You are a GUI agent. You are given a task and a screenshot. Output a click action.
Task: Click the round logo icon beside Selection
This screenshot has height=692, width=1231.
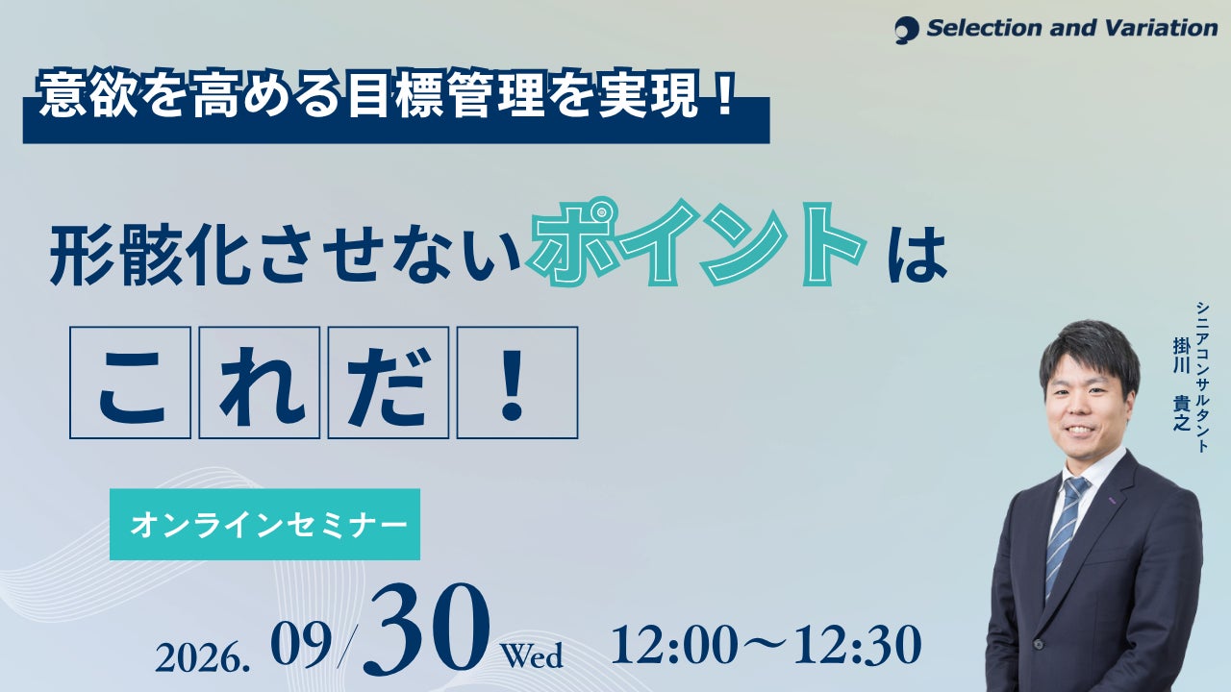point(906,30)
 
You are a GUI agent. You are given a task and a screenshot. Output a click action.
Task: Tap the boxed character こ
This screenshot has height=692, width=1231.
point(130,383)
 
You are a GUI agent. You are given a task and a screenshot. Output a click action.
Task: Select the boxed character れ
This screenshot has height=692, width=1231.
point(260,383)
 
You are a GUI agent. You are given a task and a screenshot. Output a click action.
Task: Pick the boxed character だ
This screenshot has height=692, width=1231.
point(389,383)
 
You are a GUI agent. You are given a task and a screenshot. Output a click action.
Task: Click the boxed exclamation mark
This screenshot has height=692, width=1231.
point(517,383)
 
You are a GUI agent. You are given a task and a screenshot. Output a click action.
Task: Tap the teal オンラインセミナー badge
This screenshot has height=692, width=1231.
point(264,525)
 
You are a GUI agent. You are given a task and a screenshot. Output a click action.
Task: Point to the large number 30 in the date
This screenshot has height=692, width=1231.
point(426,631)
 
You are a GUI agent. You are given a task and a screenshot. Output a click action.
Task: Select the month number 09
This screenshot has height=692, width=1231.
point(301,645)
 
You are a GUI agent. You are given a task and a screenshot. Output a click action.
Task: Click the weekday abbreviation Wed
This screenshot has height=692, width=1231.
point(532,655)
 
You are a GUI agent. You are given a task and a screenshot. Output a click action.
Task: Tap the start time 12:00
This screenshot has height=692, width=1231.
point(674,645)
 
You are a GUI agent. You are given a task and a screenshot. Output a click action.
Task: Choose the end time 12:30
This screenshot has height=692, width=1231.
point(857,645)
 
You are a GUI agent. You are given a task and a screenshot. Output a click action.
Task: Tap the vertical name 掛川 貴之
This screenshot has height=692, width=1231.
point(1182,383)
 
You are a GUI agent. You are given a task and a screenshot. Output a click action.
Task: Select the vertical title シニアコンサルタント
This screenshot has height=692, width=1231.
point(1202,377)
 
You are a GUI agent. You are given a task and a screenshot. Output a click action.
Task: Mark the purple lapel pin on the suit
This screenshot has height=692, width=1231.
point(1110,500)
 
